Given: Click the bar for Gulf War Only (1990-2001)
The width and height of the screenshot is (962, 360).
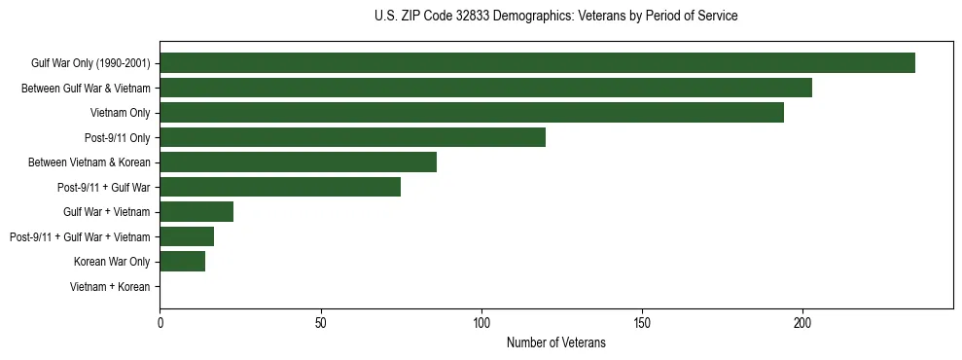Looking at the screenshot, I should point(537,63).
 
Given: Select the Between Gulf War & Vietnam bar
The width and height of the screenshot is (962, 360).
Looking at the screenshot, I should point(485,88).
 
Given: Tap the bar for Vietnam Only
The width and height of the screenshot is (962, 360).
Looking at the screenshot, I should point(472,113).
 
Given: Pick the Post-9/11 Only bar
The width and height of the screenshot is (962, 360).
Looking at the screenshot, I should point(352,137).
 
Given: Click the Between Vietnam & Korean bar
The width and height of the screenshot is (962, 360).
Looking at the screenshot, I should point(298,162).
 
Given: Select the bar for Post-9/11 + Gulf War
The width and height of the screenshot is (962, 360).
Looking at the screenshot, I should point(280,187).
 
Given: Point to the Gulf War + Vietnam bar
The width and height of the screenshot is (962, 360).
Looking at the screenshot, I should point(196,212).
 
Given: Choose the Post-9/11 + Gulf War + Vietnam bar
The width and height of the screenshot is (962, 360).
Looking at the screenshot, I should point(187,236).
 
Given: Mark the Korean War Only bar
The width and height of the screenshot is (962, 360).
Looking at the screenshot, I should point(182,262).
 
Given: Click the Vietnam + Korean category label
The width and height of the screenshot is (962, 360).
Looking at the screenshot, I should point(110,287).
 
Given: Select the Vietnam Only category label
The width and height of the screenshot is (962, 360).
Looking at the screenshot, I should point(120,113).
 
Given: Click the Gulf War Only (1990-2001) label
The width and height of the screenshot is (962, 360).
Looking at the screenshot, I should point(90,63).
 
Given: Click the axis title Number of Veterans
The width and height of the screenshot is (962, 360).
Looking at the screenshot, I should point(555,342).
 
